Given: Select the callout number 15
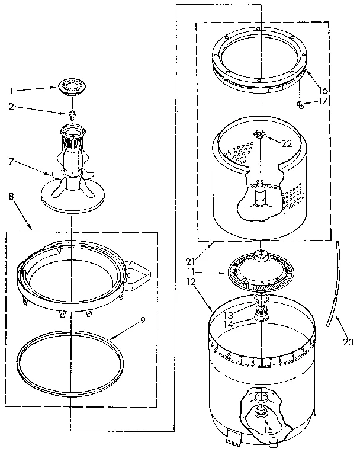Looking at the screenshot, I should point(268,430).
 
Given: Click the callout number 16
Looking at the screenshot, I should point(323,90).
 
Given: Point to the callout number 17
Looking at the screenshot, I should point(323,101).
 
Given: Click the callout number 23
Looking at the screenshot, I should point(348,341).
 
